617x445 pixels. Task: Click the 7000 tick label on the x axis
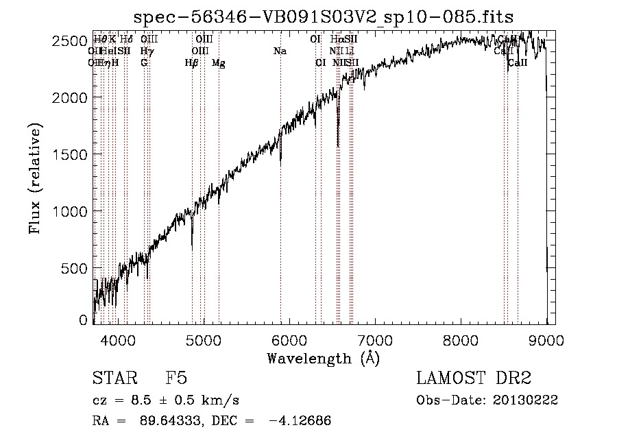pyautogui.click(x=375, y=339)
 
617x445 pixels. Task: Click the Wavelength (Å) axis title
pyautogui.click(x=323, y=358)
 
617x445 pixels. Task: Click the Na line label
pyautogui.click(x=280, y=51)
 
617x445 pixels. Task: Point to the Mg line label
pyautogui.click(x=219, y=63)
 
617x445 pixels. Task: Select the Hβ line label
pyautogui.click(x=192, y=63)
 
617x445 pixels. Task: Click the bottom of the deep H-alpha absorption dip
pyautogui.click(x=338, y=145)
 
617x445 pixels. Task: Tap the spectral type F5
pyautogui.click(x=176, y=379)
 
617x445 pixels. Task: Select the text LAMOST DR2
pyautogui.click(x=474, y=379)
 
